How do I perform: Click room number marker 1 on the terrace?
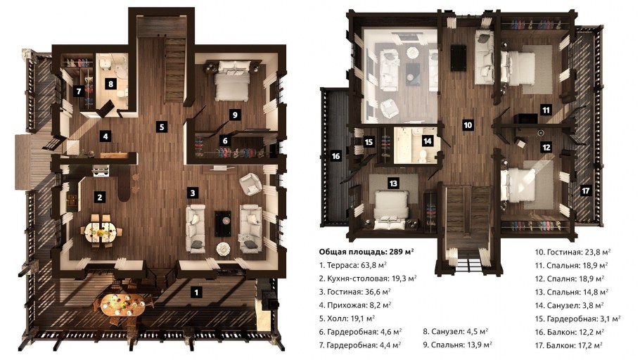(196, 292)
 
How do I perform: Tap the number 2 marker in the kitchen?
(100, 197)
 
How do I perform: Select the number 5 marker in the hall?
(162, 127)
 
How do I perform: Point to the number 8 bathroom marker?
(110, 84)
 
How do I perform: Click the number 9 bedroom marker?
(235, 115)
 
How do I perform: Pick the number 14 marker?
(427, 141)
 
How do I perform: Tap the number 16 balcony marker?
(335, 156)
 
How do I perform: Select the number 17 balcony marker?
(586, 191)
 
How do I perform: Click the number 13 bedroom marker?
(393, 184)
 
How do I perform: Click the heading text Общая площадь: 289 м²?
(366, 252)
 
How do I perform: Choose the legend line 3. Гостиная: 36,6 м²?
(354, 292)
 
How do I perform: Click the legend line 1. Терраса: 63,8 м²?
(352, 265)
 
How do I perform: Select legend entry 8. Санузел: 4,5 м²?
(456, 332)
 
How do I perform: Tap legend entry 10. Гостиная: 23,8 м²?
(572, 252)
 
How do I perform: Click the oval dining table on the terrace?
(122, 304)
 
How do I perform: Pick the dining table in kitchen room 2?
(101, 231)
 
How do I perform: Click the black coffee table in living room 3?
(223, 224)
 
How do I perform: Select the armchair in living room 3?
(251, 184)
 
